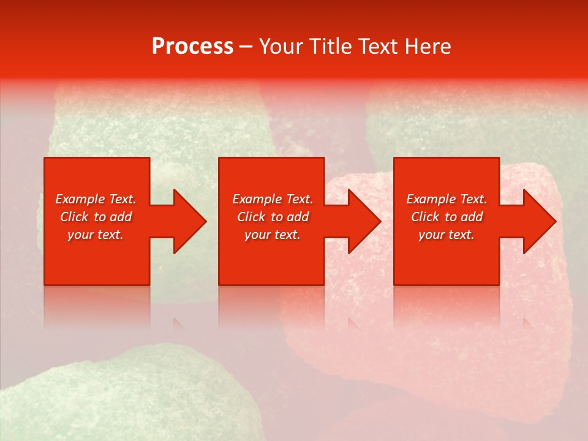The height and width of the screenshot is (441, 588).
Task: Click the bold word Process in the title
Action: [x=192, y=47]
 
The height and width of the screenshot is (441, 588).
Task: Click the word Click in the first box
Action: [x=74, y=217]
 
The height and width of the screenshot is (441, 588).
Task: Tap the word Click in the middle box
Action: [x=251, y=217]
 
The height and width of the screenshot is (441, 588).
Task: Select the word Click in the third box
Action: [x=425, y=217]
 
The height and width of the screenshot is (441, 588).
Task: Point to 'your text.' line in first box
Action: [x=96, y=235]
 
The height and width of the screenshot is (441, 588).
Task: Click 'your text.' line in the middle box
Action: [x=273, y=235]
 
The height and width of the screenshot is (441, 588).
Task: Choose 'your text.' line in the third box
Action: [x=447, y=235]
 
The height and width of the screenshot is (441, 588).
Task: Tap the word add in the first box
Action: [x=121, y=217]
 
